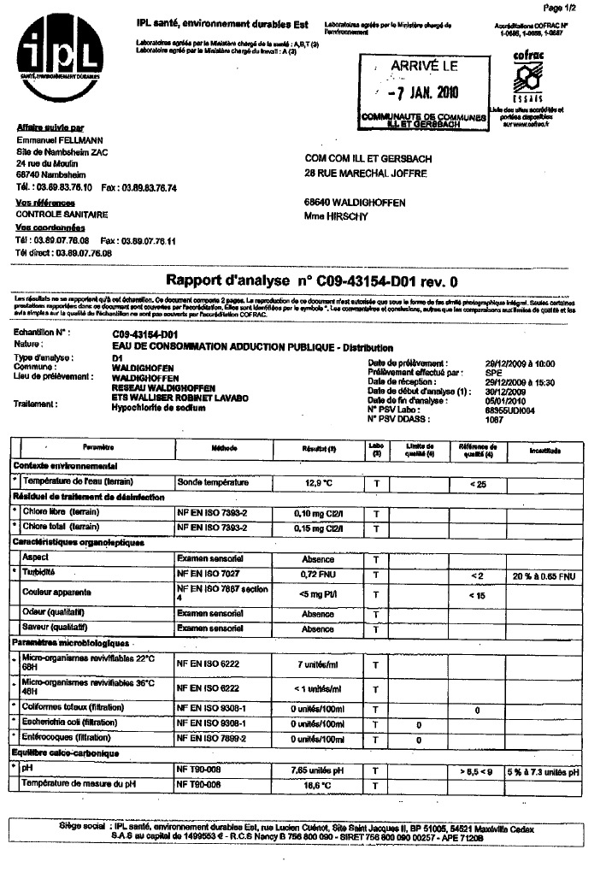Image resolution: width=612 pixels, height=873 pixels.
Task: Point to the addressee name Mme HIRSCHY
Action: point(335,216)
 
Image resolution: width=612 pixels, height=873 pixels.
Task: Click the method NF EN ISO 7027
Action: point(210,575)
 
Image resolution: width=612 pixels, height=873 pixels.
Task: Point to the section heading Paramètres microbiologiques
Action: point(69,641)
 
